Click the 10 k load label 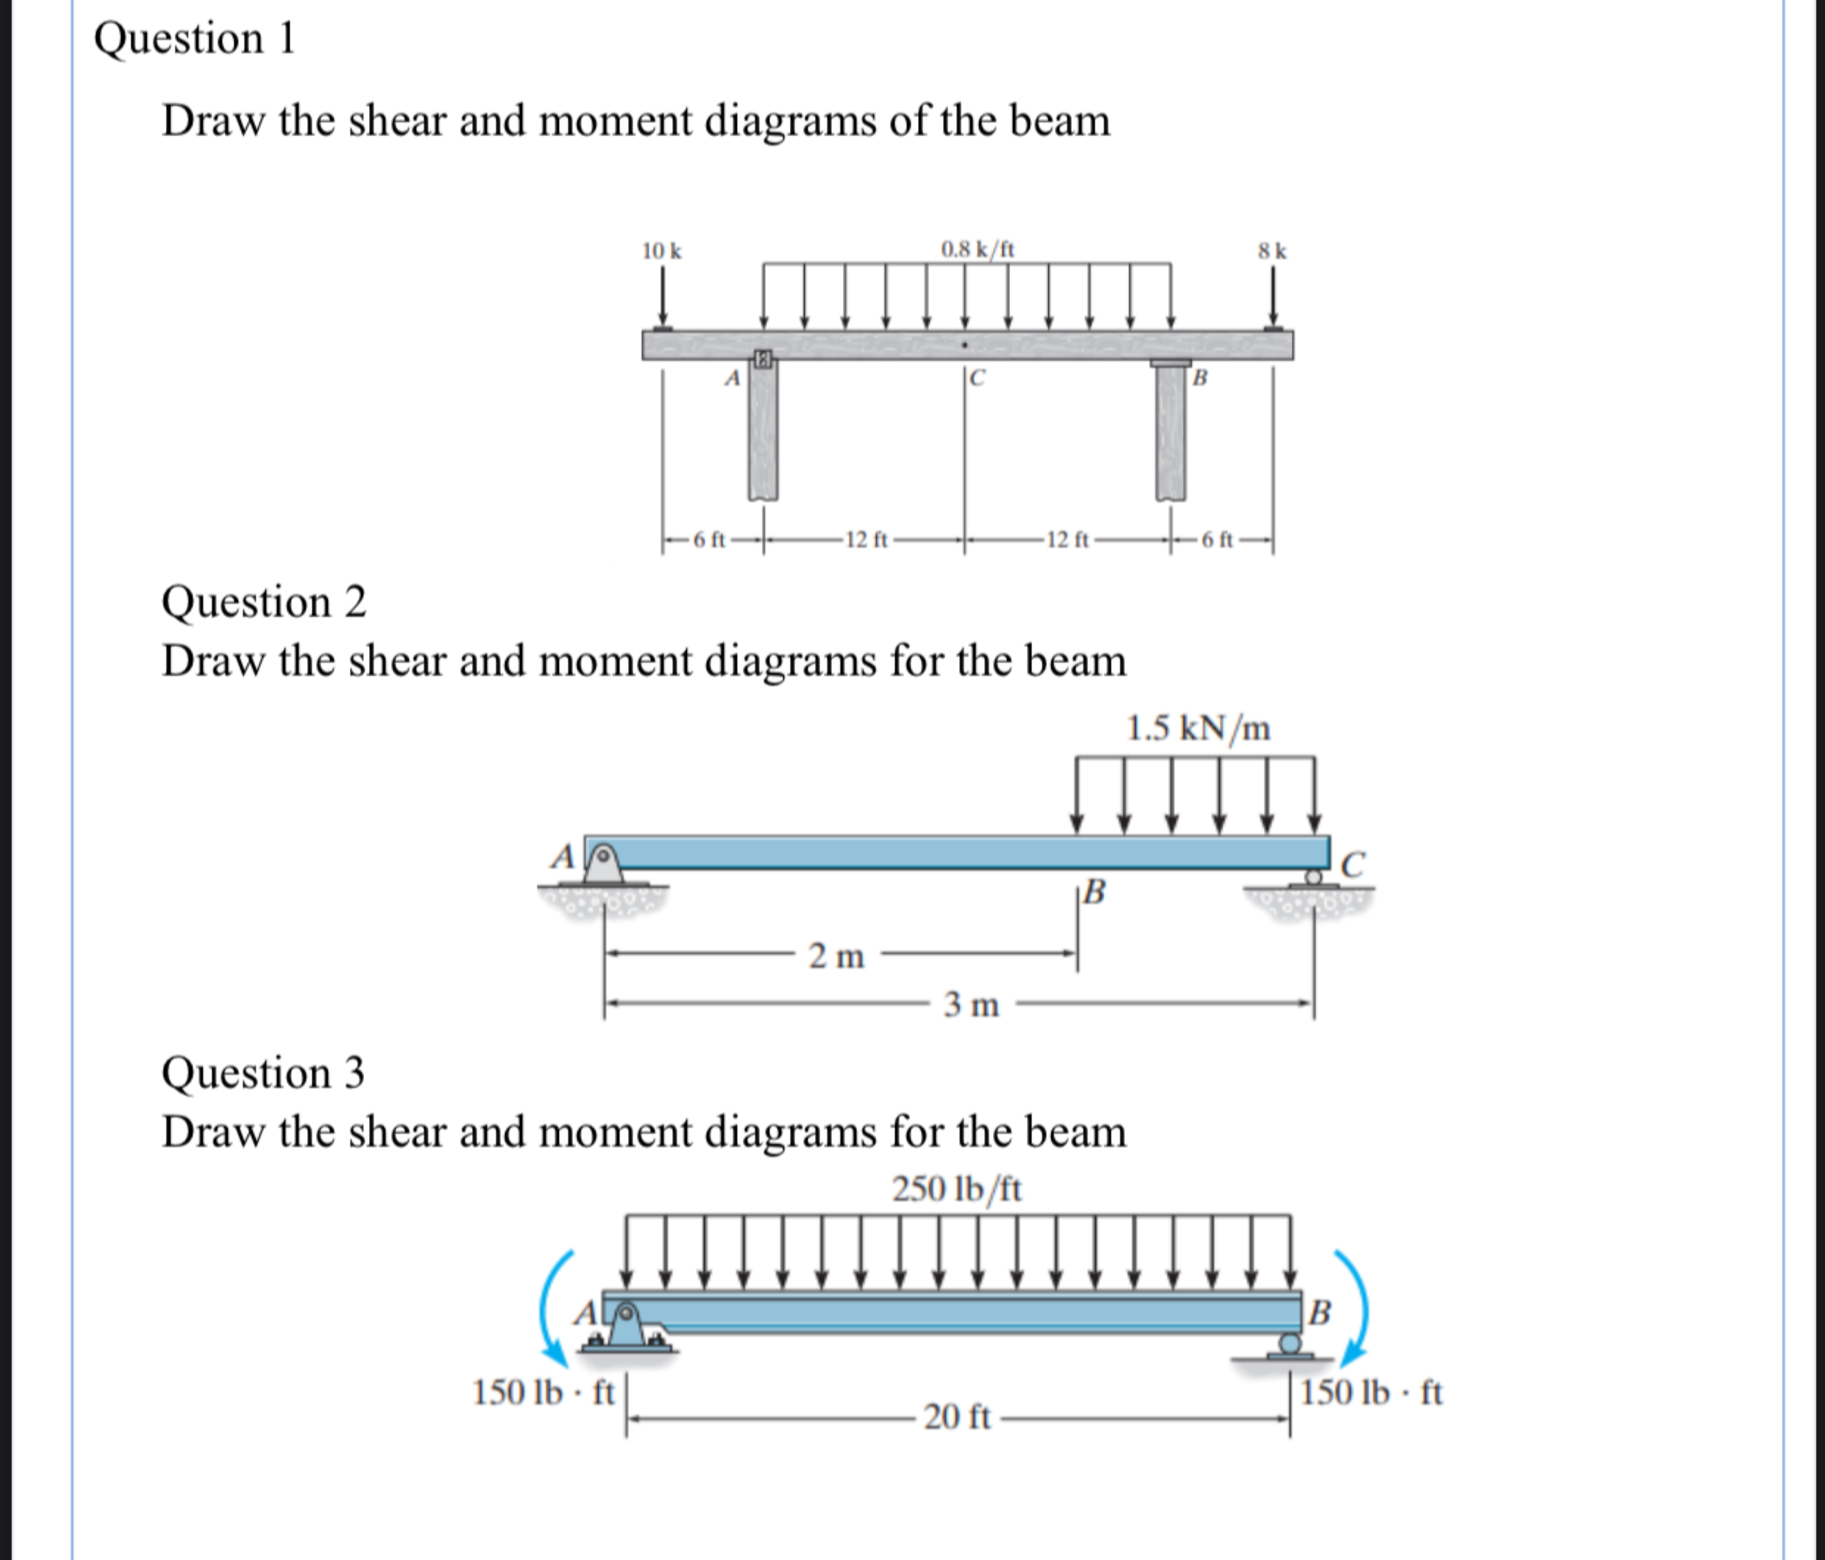pos(661,251)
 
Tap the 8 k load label pos(1272,251)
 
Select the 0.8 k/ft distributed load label pos(978,249)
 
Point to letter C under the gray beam pos(977,379)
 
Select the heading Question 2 pos(263,603)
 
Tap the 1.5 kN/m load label pos(1199,728)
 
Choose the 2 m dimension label pos(837,956)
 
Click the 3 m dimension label pos(971,1004)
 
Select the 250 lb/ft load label pos(958,1189)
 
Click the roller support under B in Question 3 pos(1289,1344)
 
